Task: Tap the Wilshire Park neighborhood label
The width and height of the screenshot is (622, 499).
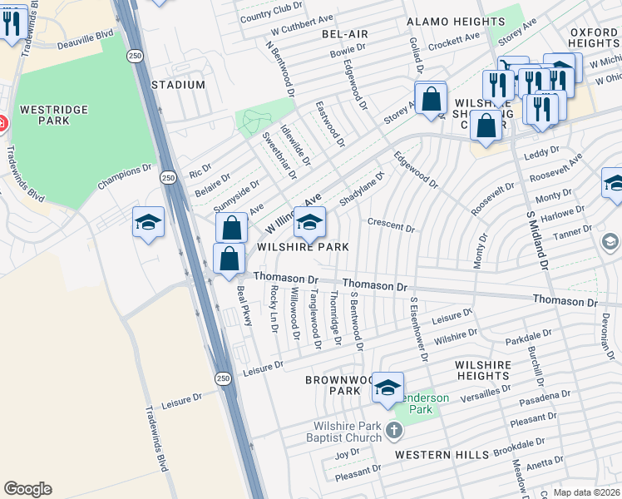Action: pyautogui.click(x=303, y=247)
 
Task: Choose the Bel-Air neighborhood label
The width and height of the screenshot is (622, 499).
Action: pyautogui.click(x=345, y=33)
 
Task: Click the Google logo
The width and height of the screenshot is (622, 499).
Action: pyautogui.click(x=27, y=489)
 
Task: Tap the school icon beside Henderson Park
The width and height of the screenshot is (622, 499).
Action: pyautogui.click(x=388, y=388)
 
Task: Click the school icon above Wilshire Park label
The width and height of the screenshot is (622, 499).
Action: pyautogui.click(x=310, y=222)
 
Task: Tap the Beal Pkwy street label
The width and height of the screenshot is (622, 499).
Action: pyautogui.click(x=244, y=306)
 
